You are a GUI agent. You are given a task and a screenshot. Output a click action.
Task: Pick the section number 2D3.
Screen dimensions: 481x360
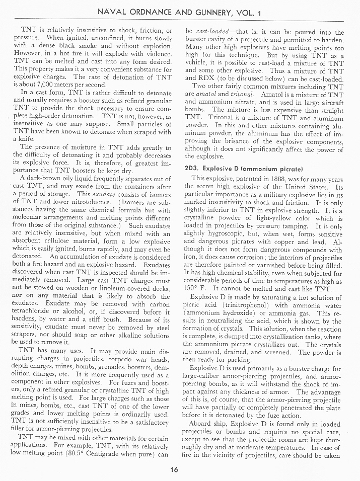point(194,167)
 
